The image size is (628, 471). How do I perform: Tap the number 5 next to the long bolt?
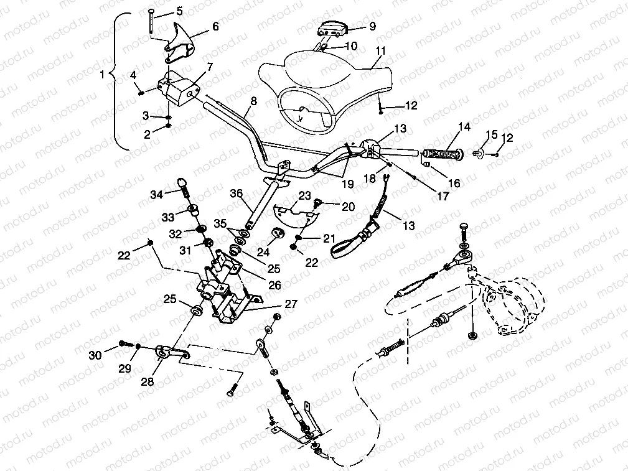(179, 11)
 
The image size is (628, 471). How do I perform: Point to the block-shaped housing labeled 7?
(177, 86)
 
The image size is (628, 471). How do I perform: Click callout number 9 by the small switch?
(372, 26)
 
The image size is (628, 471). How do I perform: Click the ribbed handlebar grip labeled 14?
(442, 154)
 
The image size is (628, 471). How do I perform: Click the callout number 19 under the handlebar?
(347, 185)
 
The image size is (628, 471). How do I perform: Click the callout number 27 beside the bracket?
(291, 304)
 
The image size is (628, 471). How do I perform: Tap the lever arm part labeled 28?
(171, 355)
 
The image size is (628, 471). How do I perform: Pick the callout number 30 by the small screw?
(95, 355)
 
